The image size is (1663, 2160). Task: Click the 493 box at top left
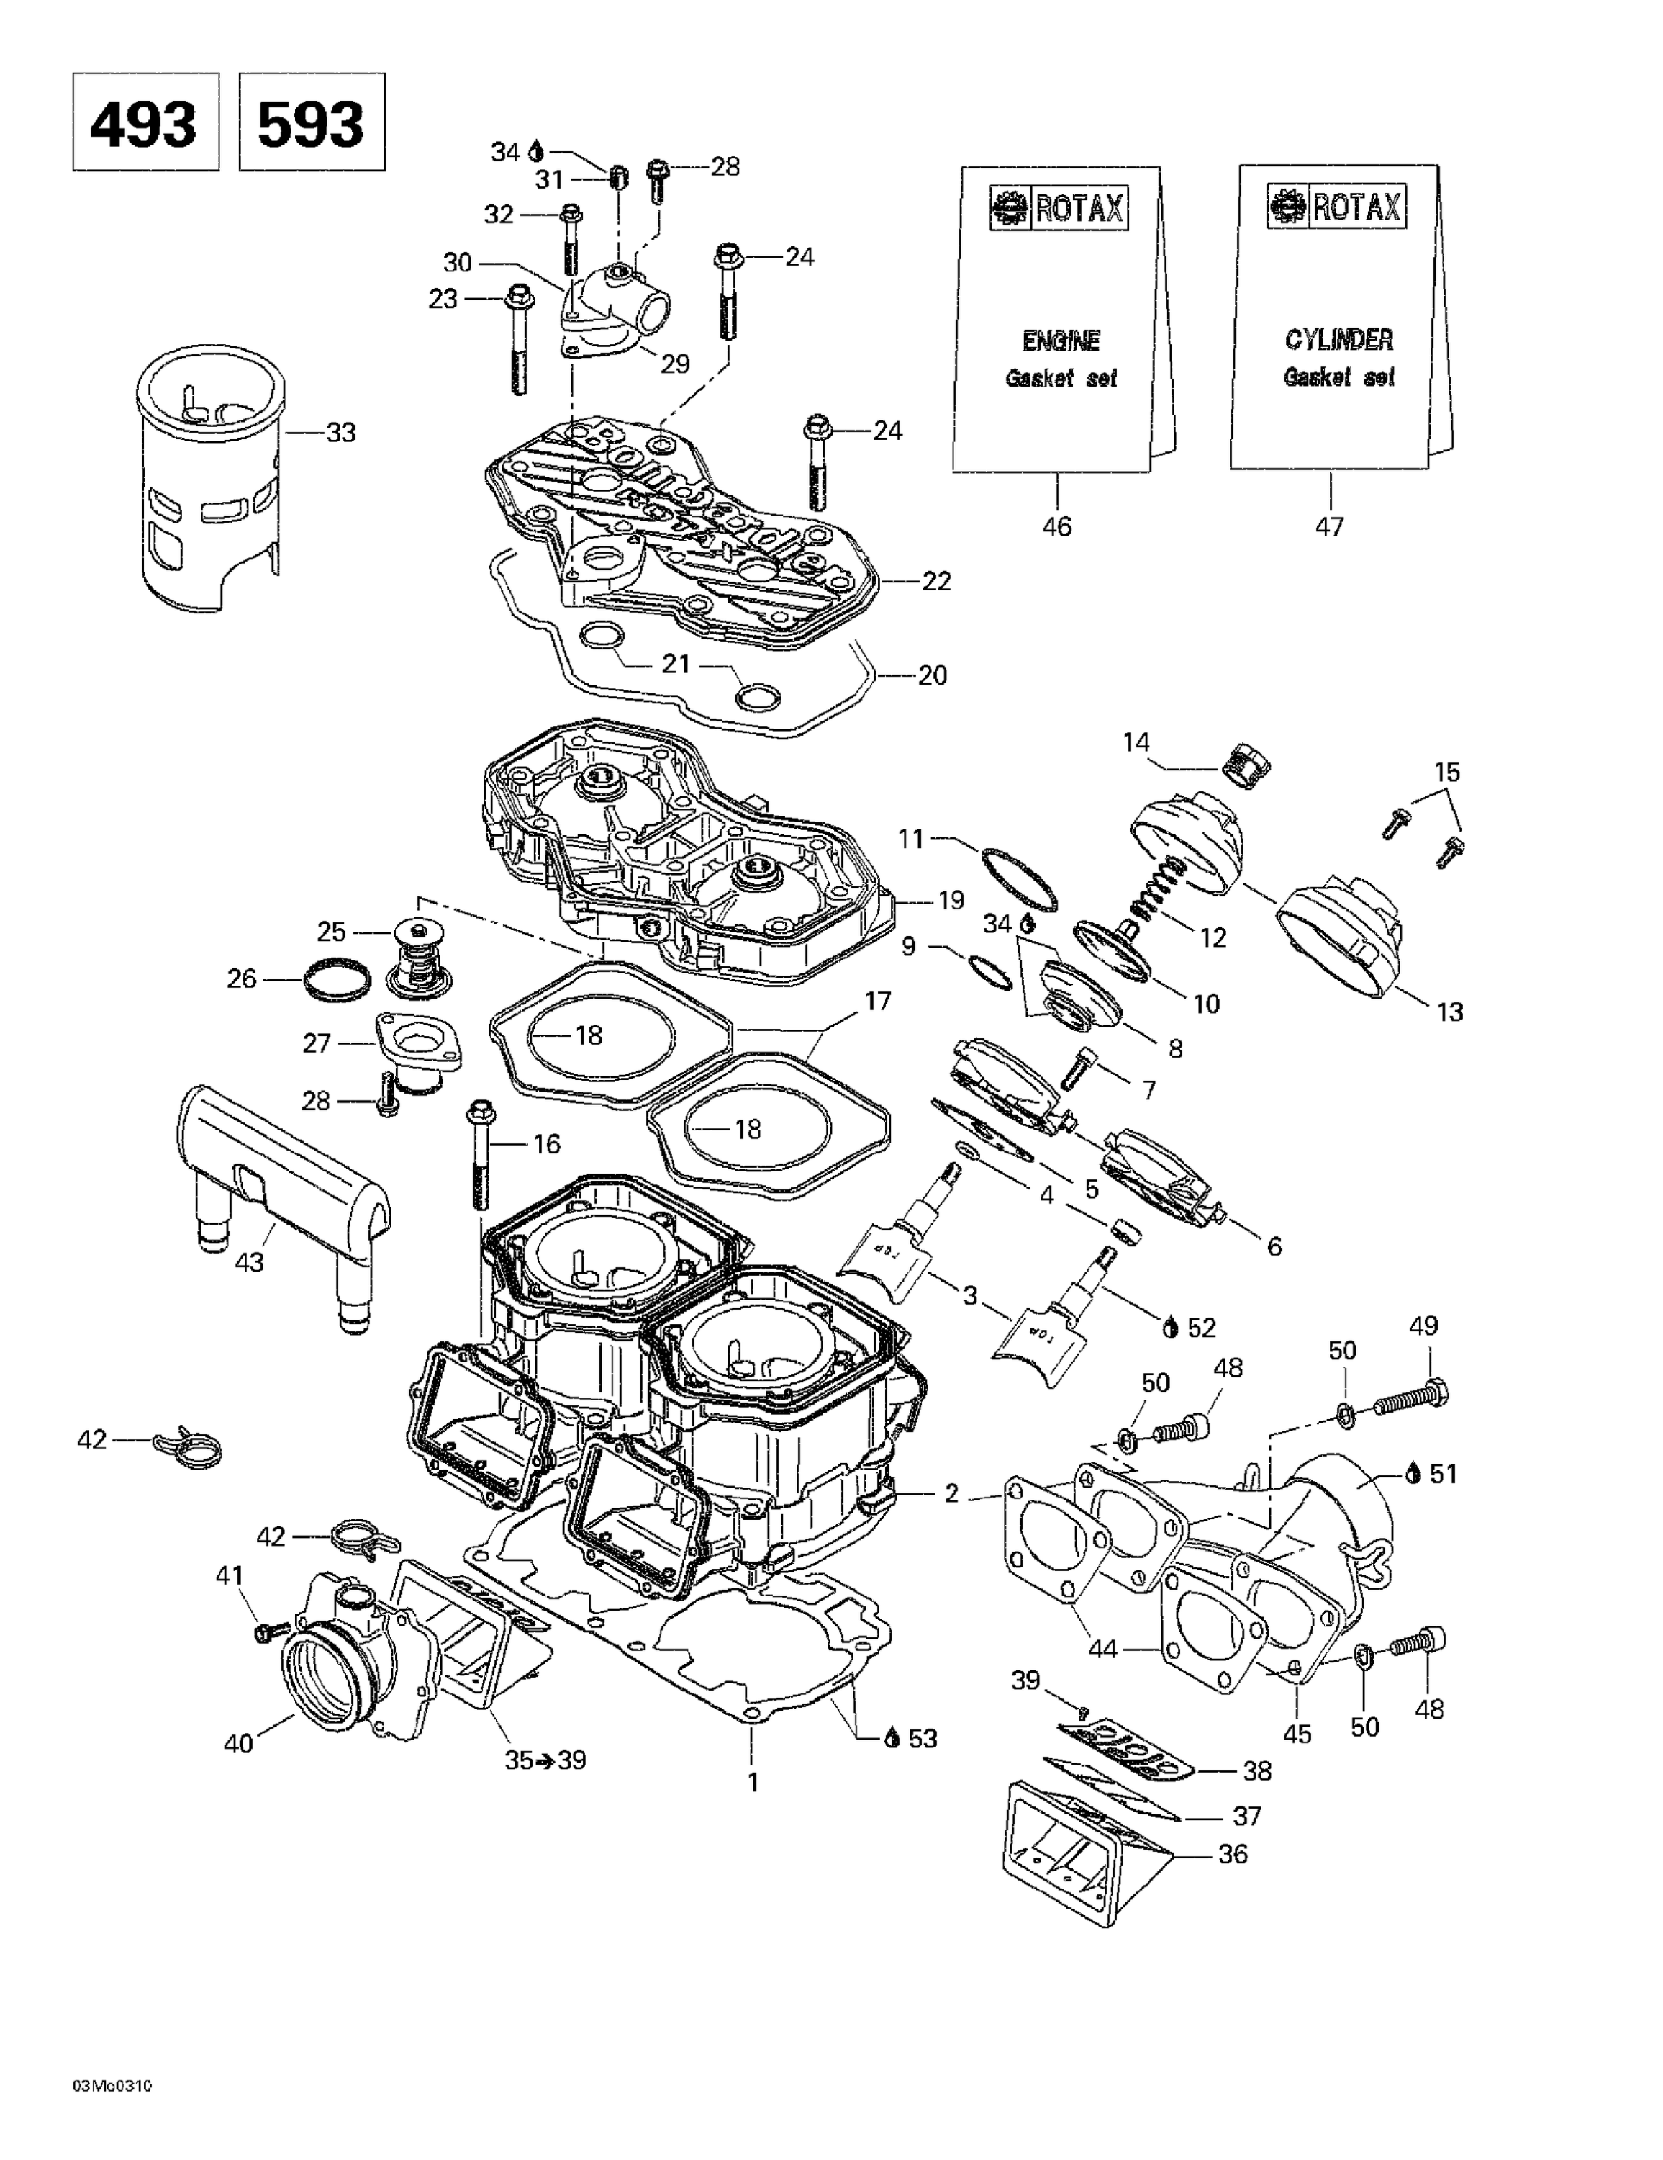click(145, 122)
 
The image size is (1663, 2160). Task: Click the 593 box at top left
click(312, 122)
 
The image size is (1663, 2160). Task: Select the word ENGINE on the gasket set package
click(1060, 341)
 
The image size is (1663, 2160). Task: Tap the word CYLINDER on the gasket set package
click(1338, 341)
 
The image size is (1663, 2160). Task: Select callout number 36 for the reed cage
click(1232, 1853)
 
